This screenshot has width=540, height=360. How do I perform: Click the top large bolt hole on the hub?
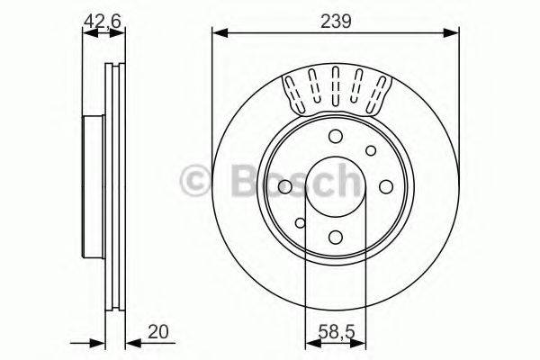[x=336, y=137]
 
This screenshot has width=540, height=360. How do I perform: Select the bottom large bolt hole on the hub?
[x=336, y=237]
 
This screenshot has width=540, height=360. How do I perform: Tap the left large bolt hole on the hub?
[x=285, y=186]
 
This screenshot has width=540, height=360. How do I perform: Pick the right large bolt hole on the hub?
[x=386, y=186]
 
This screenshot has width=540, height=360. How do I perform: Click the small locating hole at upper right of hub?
[x=370, y=151]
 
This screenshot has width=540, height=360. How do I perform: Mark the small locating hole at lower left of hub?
[x=301, y=222]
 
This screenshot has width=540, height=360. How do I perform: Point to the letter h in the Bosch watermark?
[x=343, y=181]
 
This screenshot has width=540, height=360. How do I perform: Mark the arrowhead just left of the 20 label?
[x=130, y=342]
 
